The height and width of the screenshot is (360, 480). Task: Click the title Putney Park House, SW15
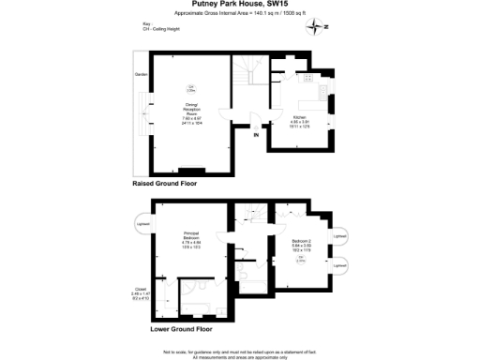[238, 5]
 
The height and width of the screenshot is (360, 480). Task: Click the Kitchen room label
[300, 121]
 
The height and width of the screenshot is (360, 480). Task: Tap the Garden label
[142, 74]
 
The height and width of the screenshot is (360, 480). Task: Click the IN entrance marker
[255, 136]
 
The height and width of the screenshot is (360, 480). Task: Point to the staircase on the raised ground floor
[248, 71]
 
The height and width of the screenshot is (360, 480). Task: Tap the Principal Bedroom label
[191, 238]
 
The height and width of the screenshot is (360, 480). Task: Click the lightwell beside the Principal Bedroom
[141, 225]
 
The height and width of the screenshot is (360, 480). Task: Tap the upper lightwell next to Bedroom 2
[340, 236]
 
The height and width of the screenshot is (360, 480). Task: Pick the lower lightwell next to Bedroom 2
[340, 266]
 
